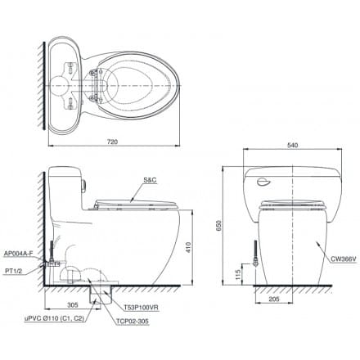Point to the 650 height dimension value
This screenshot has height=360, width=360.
219,224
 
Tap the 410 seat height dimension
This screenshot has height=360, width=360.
187,245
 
